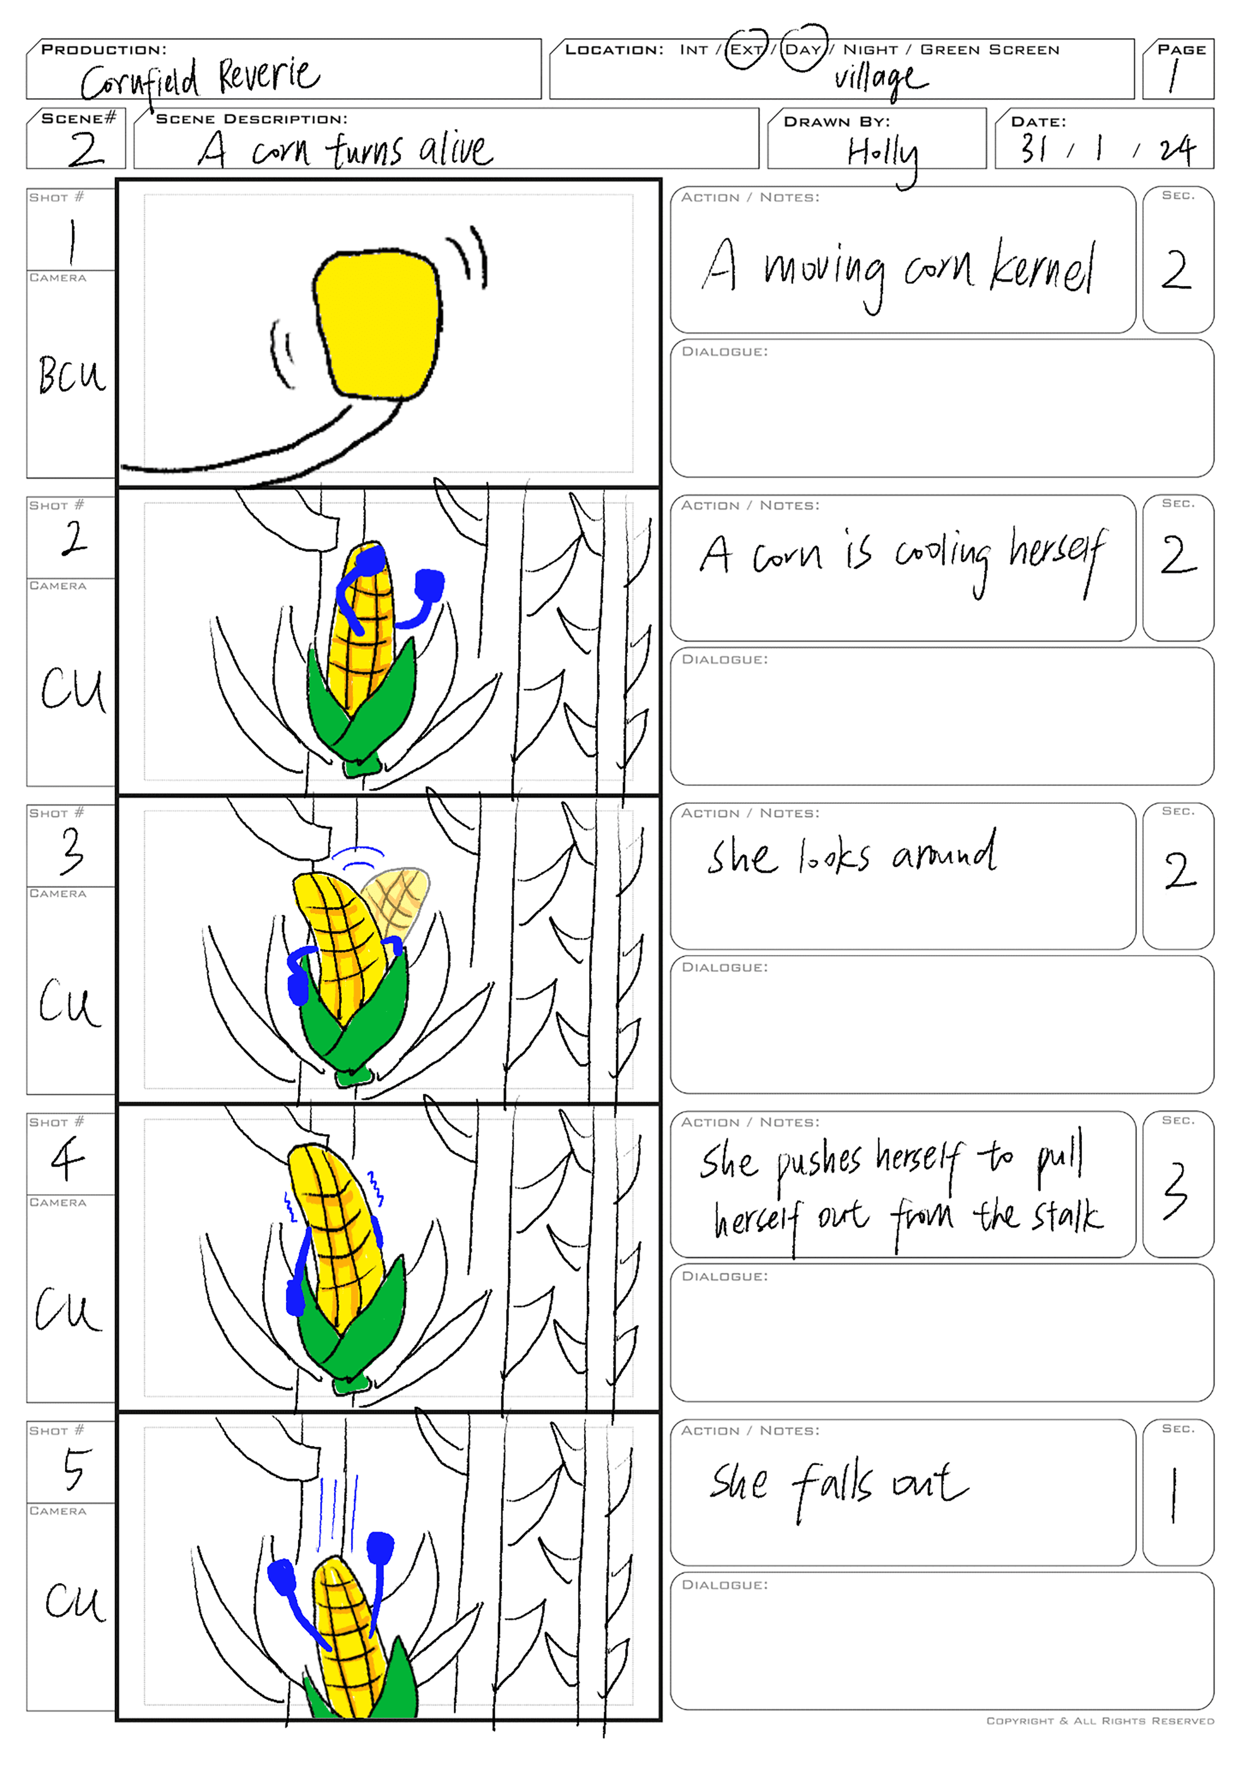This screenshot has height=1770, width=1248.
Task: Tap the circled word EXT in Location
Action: pos(746,49)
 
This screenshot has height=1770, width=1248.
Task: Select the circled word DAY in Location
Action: pos(803,49)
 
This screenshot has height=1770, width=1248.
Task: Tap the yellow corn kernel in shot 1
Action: pos(378,322)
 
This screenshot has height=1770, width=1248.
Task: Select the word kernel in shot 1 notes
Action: pos(1042,268)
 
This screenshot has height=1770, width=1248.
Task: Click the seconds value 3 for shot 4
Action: pos(1176,1190)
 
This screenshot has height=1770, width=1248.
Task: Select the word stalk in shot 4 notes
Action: pos(1068,1217)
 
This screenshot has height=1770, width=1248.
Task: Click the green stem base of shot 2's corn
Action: pos(363,765)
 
